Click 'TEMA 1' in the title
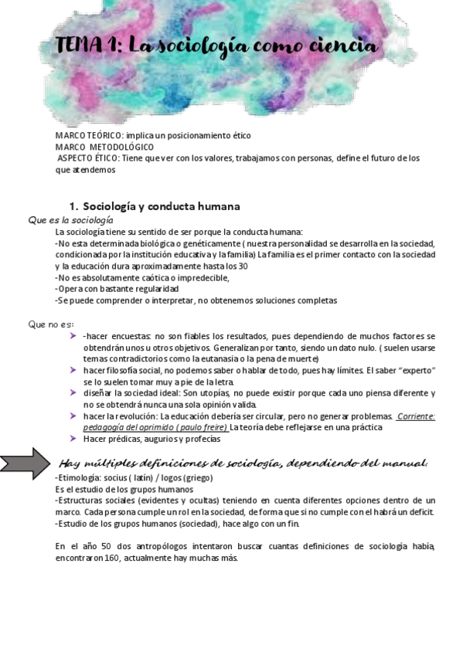87,47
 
